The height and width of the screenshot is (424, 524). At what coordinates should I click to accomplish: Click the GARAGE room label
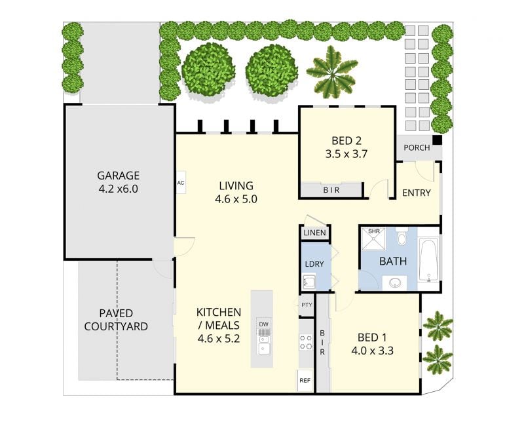[x=119, y=175]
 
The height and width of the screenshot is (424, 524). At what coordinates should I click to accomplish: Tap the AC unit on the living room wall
[x=181, y=183]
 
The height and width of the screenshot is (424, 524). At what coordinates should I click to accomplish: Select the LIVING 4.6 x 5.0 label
[x=236, y=192]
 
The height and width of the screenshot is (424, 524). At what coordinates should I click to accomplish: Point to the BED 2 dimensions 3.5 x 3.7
[x=346, y=154]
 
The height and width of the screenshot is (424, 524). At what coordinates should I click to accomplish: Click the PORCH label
[x=417, y=147]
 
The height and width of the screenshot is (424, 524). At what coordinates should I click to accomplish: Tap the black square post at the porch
[x=437, y=140]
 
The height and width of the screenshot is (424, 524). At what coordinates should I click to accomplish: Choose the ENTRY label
[x=417, y=193]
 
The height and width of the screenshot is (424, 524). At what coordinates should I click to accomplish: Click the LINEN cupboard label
[x=315, y=233]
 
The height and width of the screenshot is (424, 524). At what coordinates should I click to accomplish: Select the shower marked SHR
[x=373, y=239]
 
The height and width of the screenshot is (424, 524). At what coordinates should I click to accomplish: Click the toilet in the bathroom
[x=402, y=236]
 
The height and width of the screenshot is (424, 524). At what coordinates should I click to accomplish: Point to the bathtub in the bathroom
[x=429, y=260]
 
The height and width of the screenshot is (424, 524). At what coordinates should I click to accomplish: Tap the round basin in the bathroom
[x=396, y=283]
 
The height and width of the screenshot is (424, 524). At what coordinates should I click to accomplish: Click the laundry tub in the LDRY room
[x=309, y=282]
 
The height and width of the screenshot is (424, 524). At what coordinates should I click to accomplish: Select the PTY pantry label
[x=307, y=305]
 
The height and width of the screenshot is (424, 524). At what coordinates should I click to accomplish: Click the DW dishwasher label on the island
[x=264, y=324]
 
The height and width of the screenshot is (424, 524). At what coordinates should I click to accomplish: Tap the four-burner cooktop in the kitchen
[x=305, y=342]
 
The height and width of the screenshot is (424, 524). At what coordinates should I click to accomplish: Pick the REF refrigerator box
[x=305, y=381]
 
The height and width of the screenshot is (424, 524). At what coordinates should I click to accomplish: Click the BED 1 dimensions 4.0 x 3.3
[x=372, y=351]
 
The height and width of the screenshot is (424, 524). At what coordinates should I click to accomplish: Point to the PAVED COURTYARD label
[x=116, y=320]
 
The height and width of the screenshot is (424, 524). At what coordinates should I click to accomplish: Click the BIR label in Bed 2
[x=331, y=190]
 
